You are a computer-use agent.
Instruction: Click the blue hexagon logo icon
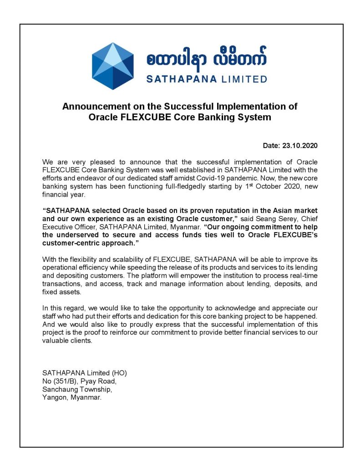[112, 66]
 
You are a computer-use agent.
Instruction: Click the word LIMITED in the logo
[244, 79]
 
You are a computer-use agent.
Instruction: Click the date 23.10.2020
[300, 146]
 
